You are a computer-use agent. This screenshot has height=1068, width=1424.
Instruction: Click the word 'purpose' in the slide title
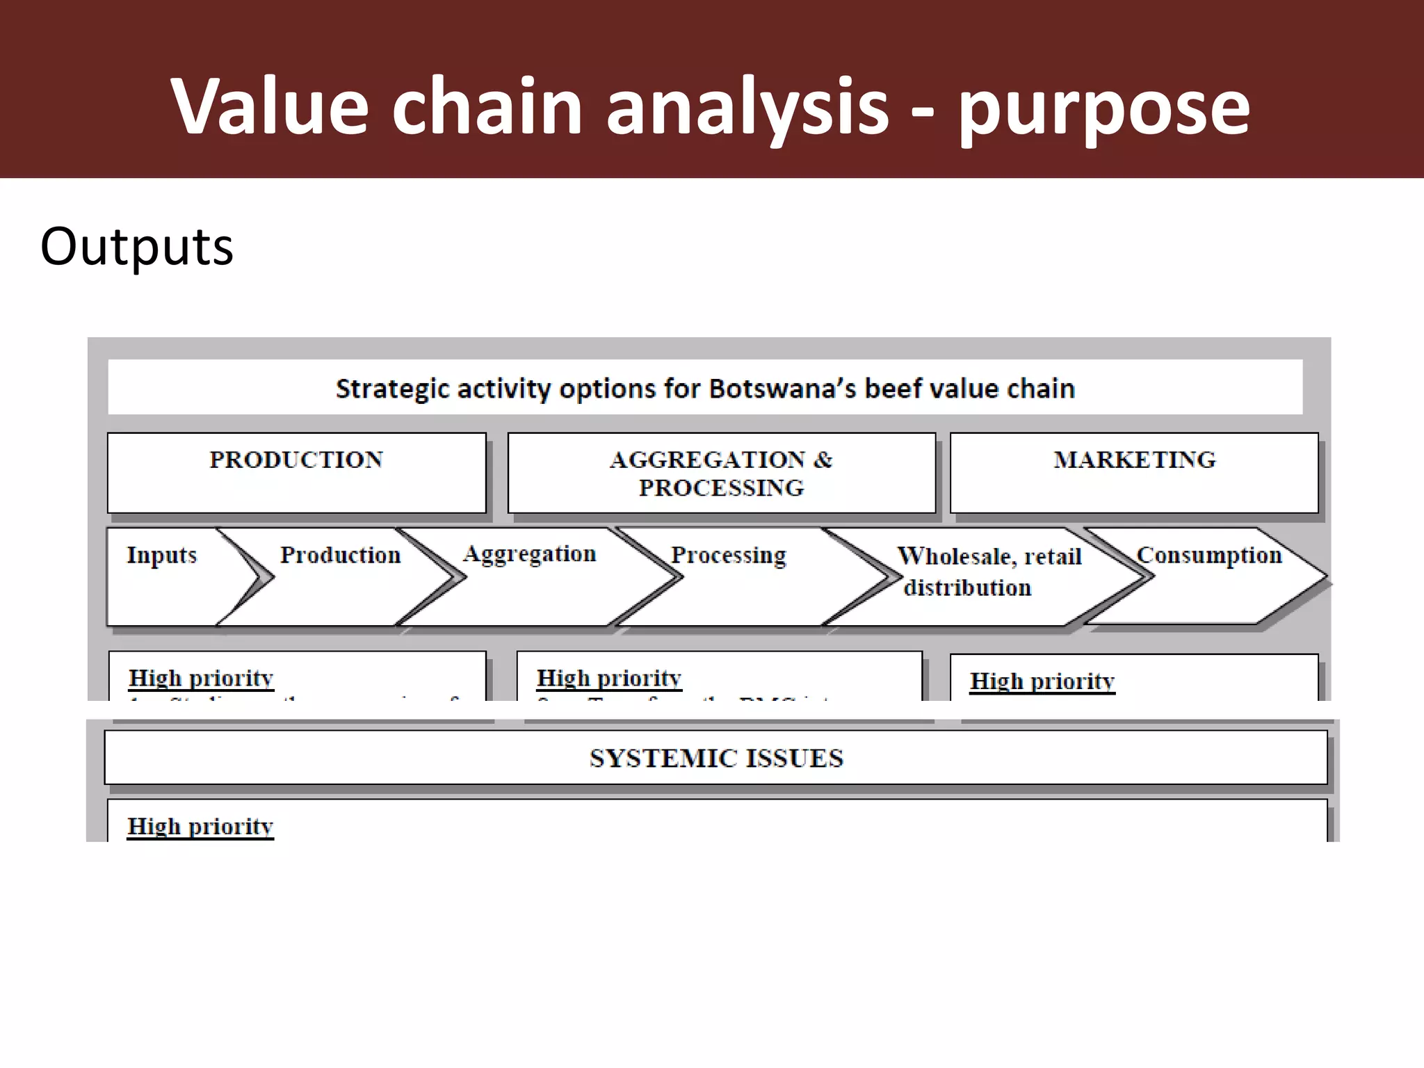1103,108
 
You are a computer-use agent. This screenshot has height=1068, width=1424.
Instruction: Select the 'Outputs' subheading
137,247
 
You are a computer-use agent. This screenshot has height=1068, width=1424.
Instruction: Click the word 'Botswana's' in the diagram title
782,389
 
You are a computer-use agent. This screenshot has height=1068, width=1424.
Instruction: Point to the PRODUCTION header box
297,473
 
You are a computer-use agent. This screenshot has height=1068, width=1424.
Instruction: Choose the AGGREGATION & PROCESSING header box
721,474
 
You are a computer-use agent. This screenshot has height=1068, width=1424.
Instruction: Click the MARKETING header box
1134,473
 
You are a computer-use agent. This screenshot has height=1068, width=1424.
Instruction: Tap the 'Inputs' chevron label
161,555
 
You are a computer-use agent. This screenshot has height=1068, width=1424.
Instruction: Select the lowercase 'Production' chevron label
341,555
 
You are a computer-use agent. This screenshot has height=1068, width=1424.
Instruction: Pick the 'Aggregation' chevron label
529,553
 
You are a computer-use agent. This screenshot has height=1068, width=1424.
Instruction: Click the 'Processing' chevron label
728,555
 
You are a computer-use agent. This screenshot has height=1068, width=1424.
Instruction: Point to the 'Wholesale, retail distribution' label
989,571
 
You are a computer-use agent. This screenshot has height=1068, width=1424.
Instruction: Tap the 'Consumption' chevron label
1209,555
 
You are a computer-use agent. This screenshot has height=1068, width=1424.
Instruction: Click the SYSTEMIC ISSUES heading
716,758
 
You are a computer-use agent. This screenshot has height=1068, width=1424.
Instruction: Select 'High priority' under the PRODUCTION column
201,678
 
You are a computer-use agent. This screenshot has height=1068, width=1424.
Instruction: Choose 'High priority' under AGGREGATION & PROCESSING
609,678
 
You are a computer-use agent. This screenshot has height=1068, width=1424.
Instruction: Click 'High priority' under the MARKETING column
1042,681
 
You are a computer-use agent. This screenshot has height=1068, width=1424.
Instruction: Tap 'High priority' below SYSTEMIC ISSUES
200,826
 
